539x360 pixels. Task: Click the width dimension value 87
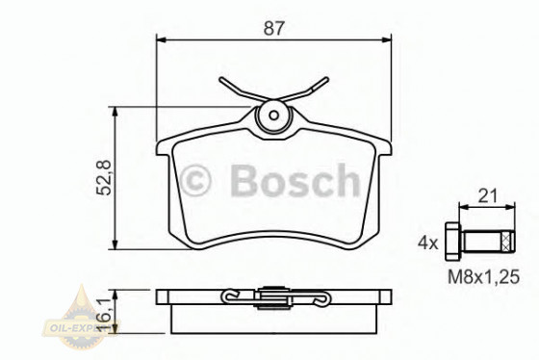tap(275, 28)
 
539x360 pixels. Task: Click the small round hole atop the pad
tap(274, 117)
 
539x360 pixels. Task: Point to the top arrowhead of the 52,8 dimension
tap(116, 112)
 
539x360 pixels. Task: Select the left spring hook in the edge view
tap(230, 295)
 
